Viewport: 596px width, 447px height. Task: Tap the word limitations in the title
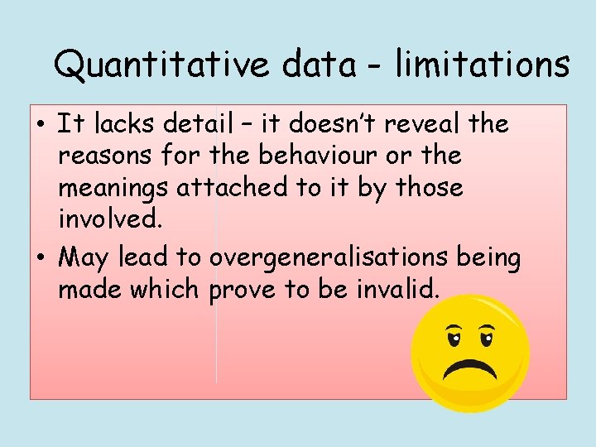(482, 64)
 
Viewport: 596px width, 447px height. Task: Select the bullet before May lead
(40, 259)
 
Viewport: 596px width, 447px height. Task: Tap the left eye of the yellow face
(453, 337)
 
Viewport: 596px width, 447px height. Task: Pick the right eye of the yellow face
(487, 337)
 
